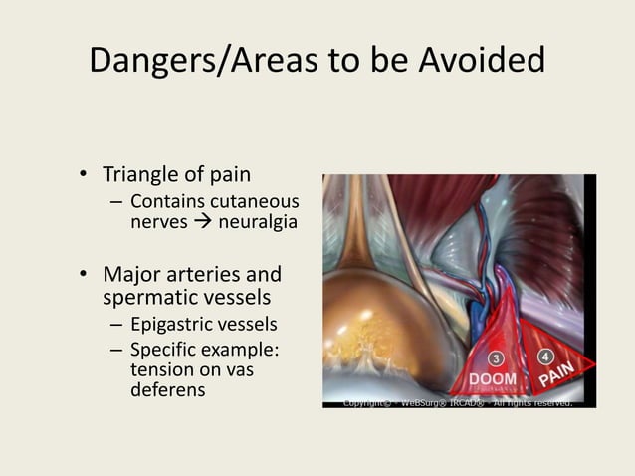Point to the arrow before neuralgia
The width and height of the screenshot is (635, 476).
tap(203, 222)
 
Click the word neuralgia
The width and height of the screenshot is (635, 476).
tap(257, 221)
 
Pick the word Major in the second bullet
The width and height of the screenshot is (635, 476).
tap(132, 274)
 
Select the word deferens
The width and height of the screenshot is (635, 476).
tap(167, 389)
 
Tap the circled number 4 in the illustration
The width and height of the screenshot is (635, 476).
tap(545, 356)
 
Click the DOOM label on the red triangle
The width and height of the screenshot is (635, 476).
tap(493, 380)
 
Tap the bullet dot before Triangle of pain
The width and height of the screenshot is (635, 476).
tap(86, 177)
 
